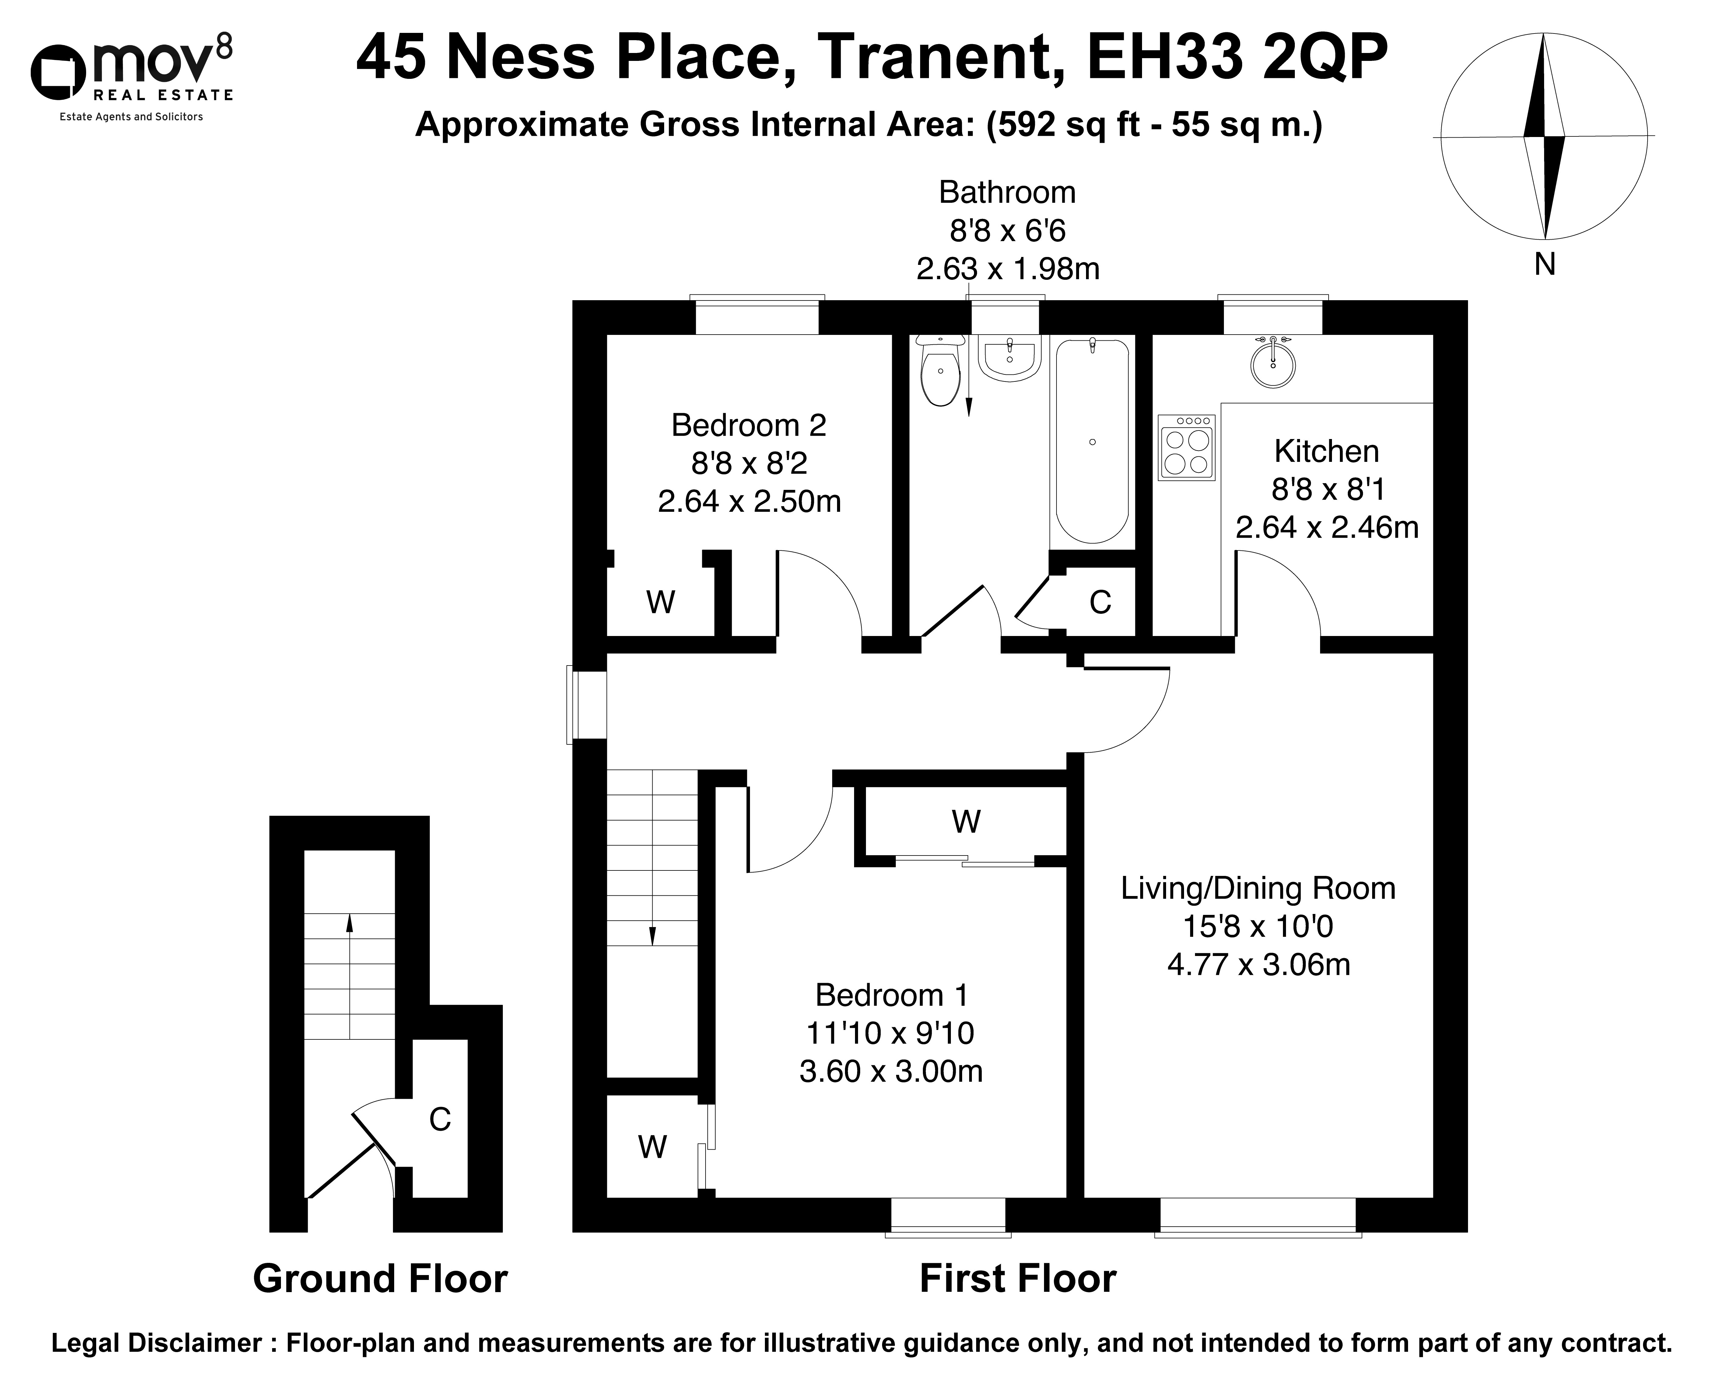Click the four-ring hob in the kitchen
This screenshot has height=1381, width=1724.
point(1187,448)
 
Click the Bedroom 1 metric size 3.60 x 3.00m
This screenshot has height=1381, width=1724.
point(891,1072)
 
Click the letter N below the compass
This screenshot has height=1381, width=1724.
point(1544,264)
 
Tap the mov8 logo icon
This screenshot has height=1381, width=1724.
point(58,70)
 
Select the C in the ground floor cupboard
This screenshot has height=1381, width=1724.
point(440,1119)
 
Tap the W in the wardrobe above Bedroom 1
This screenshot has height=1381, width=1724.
point(966,821)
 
